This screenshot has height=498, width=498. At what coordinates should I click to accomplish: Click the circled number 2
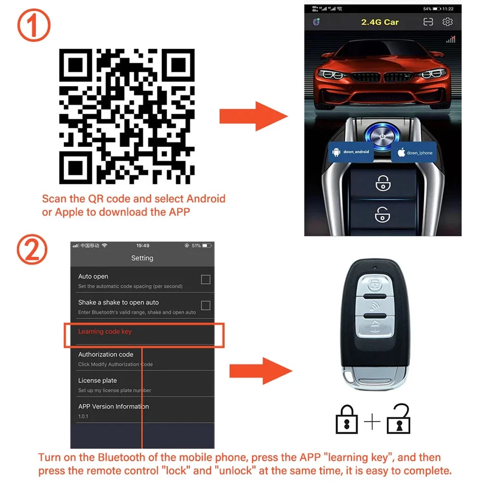pos(32,250)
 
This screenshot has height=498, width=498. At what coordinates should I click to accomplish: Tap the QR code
pos(127,116)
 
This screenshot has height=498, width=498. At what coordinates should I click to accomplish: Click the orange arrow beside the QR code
pos(253,116)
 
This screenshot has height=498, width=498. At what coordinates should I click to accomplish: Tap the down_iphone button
pos(414,153)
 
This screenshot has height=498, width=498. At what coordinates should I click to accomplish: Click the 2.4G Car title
pos(380,22)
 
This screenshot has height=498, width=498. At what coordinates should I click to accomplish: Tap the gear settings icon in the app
pos(447,22)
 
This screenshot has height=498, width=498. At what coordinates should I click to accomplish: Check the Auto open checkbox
pos(205,280)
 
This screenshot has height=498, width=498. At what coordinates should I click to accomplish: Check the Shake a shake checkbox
pos(205,306)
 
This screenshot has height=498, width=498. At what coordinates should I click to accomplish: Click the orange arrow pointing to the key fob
pos(260,370)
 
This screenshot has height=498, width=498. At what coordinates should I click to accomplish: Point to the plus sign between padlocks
pos(372,422)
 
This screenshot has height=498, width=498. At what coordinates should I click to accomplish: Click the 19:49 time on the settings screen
pos(143,245)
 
